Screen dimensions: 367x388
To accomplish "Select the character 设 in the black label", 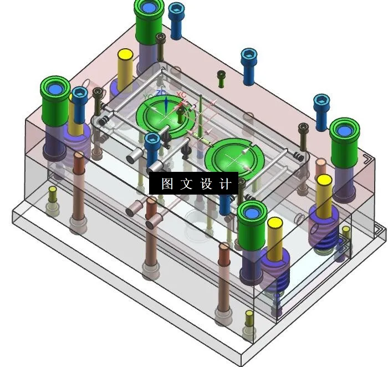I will (206, 184).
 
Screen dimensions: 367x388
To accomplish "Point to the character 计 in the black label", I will (225, 184).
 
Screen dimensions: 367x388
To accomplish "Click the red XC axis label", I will (181, 95).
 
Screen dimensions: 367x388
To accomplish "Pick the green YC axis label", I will (147, 97).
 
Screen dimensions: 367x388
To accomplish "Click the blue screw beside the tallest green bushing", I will (176, 20).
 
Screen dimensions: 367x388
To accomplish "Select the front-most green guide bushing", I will (252, 225).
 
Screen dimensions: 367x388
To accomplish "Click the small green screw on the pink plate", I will (221, 78).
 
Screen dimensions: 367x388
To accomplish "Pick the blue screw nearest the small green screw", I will (249, 65).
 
